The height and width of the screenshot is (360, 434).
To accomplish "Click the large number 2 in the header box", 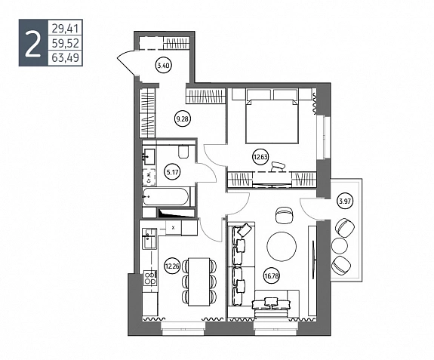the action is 32,43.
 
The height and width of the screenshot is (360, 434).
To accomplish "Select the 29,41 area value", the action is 66,28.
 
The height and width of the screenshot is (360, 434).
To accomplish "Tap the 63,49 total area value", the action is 66,58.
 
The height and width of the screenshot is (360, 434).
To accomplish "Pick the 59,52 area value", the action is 66,43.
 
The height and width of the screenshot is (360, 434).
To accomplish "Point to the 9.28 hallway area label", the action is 182,119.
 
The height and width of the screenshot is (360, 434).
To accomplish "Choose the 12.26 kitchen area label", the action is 172,266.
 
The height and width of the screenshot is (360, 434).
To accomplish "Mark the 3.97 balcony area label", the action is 345,201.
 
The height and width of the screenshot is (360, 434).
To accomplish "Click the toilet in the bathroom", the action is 183,151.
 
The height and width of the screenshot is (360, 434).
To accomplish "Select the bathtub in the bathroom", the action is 166,197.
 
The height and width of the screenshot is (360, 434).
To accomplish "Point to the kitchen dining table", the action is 199,282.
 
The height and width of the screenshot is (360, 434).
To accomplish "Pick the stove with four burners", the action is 150,278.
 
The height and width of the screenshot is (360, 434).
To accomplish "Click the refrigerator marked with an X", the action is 174,228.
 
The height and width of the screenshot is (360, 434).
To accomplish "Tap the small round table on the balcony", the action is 340,245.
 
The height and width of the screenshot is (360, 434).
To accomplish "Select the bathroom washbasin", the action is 149,157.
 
